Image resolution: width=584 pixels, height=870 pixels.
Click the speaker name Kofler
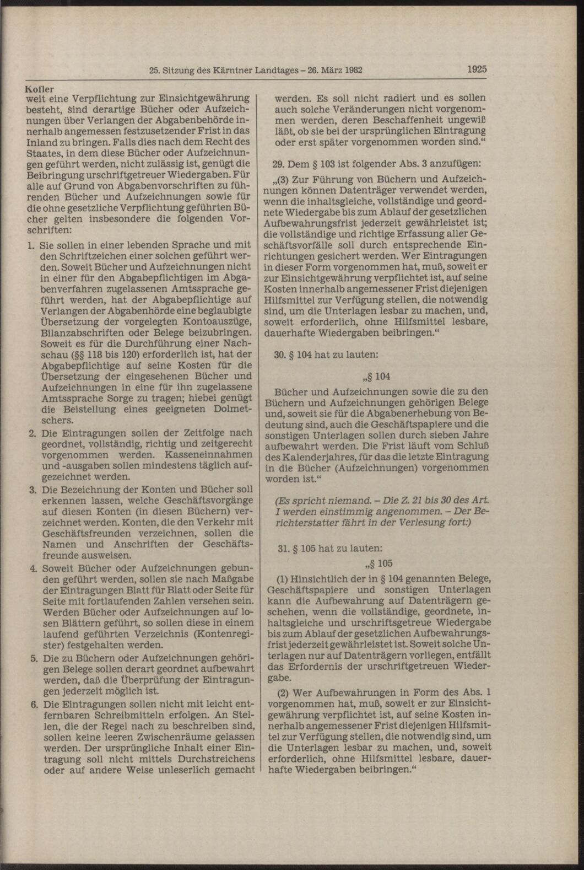click(x=39, y=87)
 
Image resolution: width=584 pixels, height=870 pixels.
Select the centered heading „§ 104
click(x=376, y=377)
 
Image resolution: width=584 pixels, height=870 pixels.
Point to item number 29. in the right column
click(x=280, y=163)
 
